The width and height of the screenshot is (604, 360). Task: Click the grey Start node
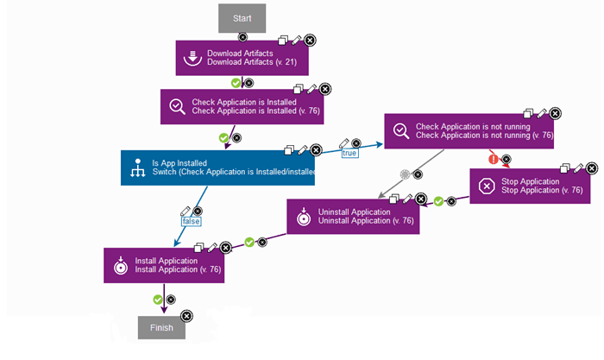(242, 17)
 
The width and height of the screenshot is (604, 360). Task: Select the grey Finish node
(161, 327)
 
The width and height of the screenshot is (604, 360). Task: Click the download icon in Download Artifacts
(192, 57)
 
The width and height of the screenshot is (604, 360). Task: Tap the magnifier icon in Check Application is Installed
(176, 105)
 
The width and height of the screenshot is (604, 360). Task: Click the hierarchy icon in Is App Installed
(136, 167)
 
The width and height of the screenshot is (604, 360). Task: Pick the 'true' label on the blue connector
(349, 153)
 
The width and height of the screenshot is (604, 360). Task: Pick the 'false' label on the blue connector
(191, 221)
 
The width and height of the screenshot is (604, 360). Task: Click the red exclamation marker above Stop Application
(494, 159)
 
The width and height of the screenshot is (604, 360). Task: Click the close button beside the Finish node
(187, 315)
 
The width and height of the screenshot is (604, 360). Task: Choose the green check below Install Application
(158, 300)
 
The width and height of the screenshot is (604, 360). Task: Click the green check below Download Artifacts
(236, 83)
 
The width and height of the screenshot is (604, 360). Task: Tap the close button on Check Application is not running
(555, 112)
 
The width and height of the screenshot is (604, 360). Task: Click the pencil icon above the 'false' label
(185, 210)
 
